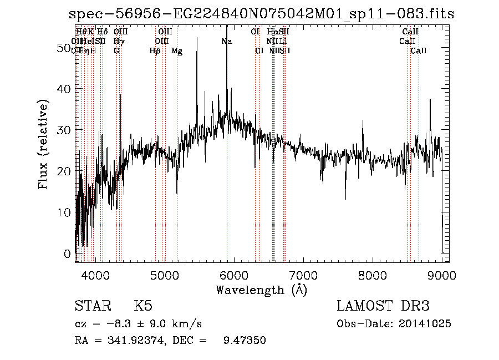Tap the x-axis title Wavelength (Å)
pos(261,290)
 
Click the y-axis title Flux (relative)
pos(43,144)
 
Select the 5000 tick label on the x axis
pos(165,275)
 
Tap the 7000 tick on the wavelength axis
pos(303,275)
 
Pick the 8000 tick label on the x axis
pos(373,275)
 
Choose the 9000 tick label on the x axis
pos(442,275)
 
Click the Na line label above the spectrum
pos(226,41)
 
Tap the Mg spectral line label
pos(177,50)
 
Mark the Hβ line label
pos(155,50)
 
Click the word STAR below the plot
pos(92,306)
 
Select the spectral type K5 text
pos(143,306)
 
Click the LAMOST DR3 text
pos(383,306)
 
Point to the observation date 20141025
pos(426,324)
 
